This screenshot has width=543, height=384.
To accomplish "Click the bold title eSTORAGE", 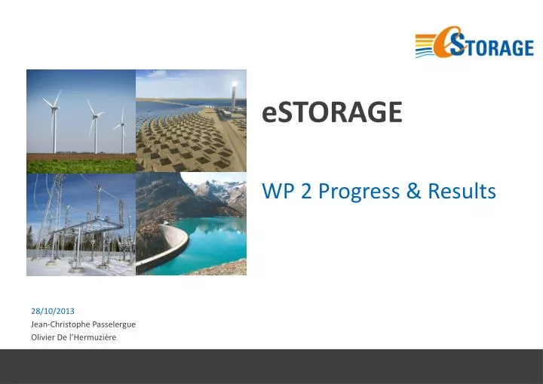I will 332,112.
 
